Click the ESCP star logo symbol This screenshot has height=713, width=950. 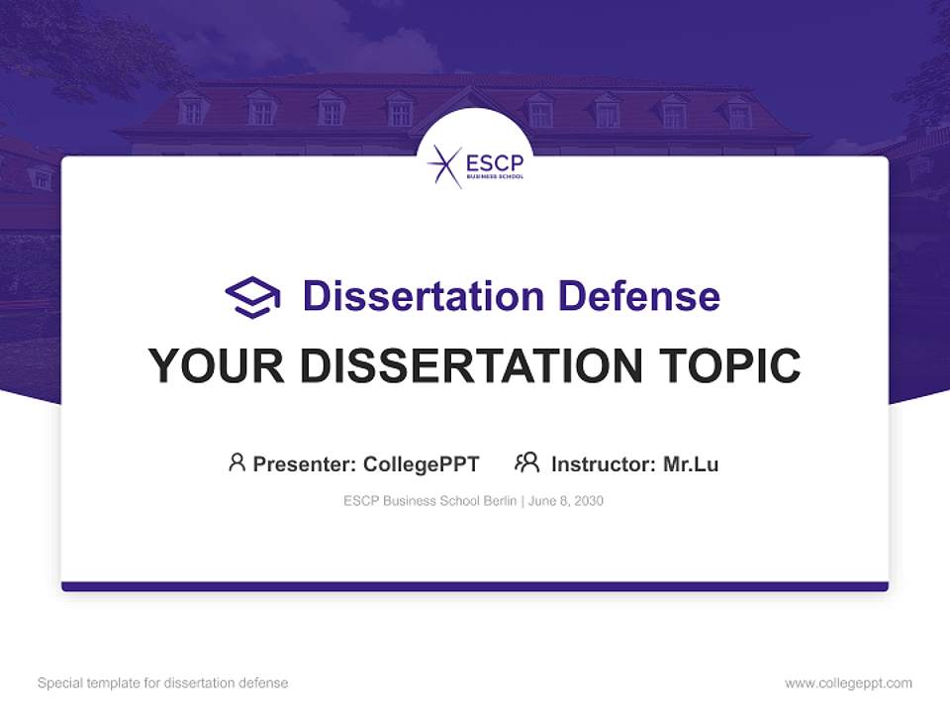click(x=444, y=165)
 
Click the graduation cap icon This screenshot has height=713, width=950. click(x=252, y=296)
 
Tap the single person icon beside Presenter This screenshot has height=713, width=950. click(x=237, y=462)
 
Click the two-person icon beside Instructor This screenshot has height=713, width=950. click(x=526, y=462)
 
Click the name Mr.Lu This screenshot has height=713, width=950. click(x=691, y=463)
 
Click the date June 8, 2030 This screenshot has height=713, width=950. click(x=566, y=501)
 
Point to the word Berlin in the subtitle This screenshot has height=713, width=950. click(x=501, y=501)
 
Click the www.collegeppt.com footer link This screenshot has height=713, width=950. click(x=848, y=683)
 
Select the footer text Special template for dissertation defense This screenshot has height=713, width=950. click(x=162, y=683)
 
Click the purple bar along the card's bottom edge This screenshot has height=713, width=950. click(x=475, y=586)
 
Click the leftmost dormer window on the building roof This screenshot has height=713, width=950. click(x=192, y=110)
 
